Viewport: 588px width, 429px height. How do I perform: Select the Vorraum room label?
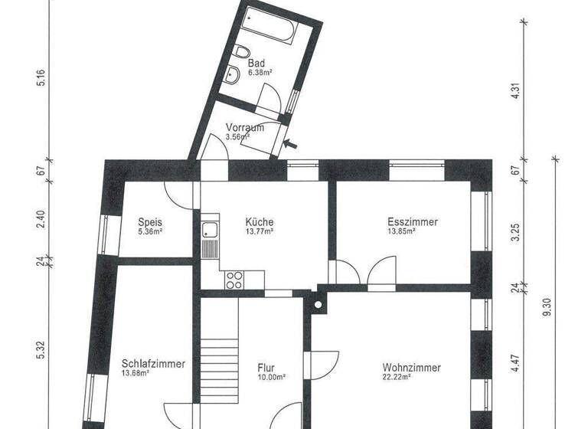tap(245, 128)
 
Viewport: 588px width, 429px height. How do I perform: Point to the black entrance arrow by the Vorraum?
tap(292, 142)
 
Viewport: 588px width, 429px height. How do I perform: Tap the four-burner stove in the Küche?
tap(234, 279)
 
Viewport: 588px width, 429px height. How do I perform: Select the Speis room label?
tap(149, 222)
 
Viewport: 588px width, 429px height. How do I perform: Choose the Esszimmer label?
tap(413, 222)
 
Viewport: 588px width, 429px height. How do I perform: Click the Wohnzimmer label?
tap(411, 368)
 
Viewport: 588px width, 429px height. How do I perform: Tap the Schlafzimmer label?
tap(153, 364)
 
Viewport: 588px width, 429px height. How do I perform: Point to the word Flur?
tap(266, 368)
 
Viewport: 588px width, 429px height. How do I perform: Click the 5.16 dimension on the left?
tap(41, 78)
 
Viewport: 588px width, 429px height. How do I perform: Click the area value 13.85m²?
tap(401, 231)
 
